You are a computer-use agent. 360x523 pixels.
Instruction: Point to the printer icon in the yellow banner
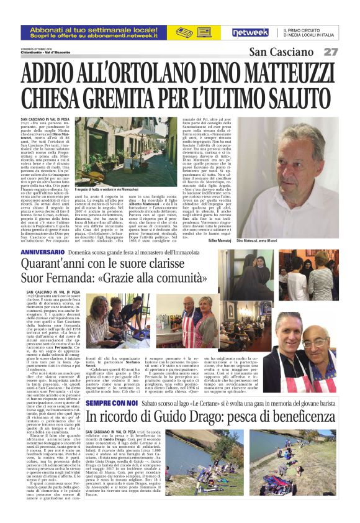click(185, 32)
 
